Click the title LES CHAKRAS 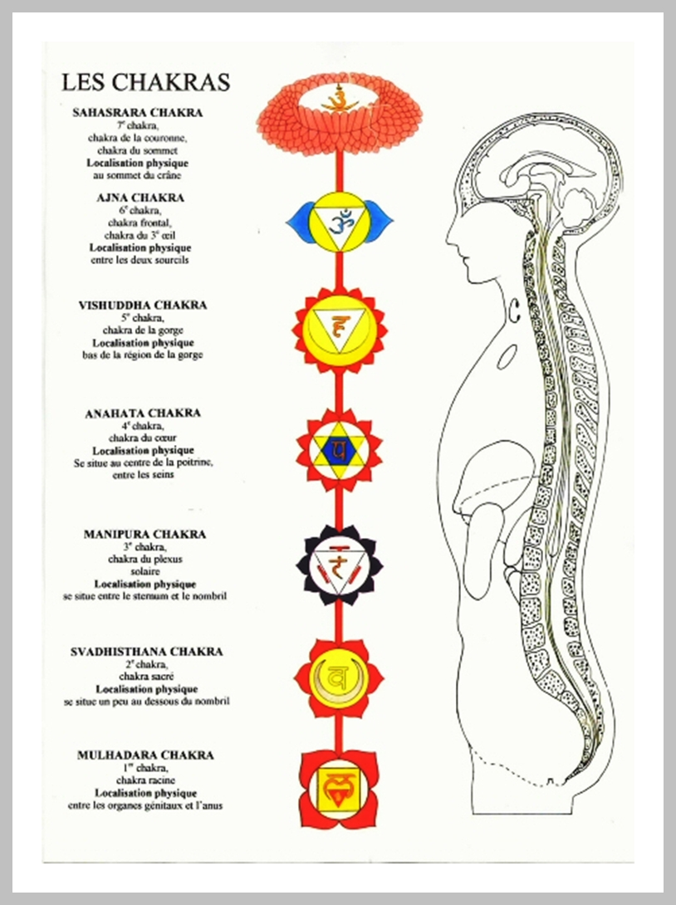coord(145,83)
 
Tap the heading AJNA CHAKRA coord(140,198)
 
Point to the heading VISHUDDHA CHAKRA coord(142,305)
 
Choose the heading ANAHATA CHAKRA coord(142,413)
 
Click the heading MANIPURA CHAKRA coord(145,534)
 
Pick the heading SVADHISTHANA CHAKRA coord(146,652)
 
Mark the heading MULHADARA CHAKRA coord(145,755)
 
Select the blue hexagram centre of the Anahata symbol coord(339,451)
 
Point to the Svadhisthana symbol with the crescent coord(339,678)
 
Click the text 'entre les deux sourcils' coord(140,260)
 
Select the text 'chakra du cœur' coord(140,438)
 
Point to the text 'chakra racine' coord(145,780)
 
